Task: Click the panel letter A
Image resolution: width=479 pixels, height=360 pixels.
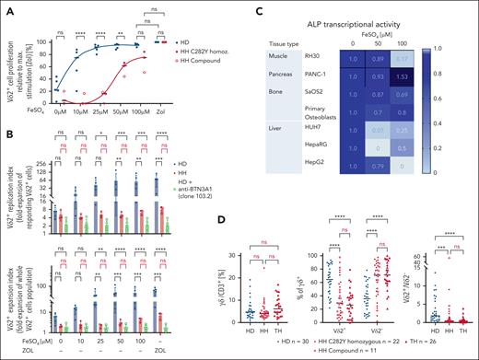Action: pyautogui.click(x=7, y=7)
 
